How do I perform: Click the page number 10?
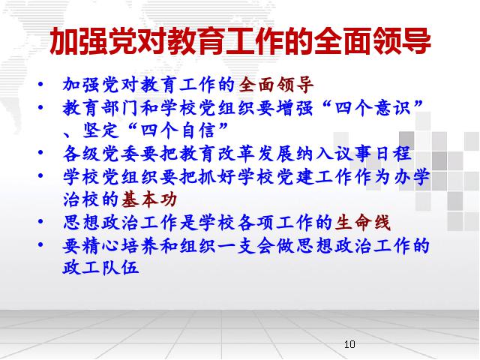349,344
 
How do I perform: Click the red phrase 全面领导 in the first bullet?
276,85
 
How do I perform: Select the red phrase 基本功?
149,200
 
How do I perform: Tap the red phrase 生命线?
363,223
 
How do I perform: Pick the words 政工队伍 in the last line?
100,268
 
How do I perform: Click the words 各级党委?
100,154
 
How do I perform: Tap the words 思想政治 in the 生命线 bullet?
100,223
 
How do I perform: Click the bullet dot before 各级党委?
40,152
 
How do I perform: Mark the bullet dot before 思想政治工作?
40,221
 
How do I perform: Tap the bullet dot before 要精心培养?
40,244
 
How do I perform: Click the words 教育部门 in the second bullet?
100,108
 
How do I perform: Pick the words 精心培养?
120,245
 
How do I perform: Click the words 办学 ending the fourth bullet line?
412,177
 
